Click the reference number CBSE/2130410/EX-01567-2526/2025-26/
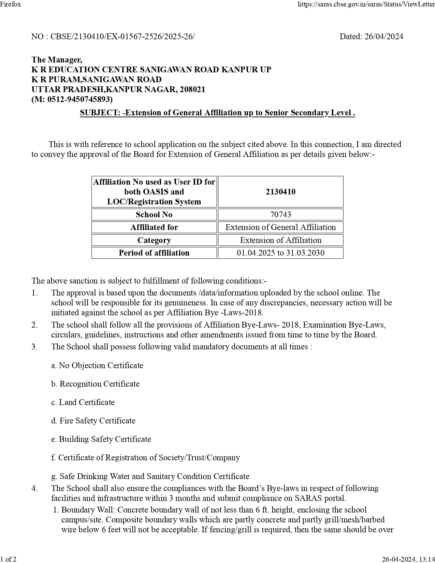pyautogui.click(x=122, y=37)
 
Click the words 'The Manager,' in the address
pyautogui.click(x=57, y=60)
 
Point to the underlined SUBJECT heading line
pyautogui.click(x=217, y=113)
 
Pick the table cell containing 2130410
pyautogui.click(x=280, y=192)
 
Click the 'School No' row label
pyautogui.click(x=154, y=215)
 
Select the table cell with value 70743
pyautogui.click(x=280, y=215)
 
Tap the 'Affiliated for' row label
pyautogui.click(x=154, y=227)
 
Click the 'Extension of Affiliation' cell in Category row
pyautogui.click(x=280, y=240)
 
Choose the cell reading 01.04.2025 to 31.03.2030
pyautogui.click(x=280, y=253)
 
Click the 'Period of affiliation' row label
pyautogui.click(x=154, y=253)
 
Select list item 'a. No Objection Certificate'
pyautogui.click(x=97, y=365)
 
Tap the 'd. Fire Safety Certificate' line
pyautogui.click(x=93, y=421)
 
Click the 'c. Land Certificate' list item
pyautogui.click(x=83, y=402)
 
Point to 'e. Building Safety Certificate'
pyautogui.click(x=101, y=439)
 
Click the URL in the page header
pyautogui.click(x=366, y=4)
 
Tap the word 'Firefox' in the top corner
pyautogui.click(x=11, y=4)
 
